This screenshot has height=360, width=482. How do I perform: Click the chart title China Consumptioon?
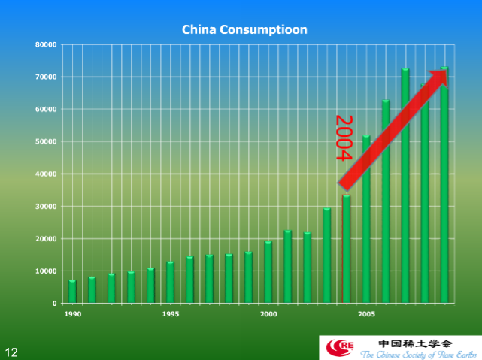[244, 30]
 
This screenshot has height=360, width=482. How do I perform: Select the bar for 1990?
[72, 292]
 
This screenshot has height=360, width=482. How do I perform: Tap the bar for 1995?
[170, 283]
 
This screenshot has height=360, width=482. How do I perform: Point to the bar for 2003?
[327, 256]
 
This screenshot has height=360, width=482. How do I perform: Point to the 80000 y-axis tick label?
[46, 44]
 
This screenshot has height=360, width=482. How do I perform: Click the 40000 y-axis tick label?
[46, 174]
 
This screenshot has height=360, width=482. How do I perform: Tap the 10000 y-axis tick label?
[46, 271]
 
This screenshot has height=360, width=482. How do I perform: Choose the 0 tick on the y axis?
[54, 303]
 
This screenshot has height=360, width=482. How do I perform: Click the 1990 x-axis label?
[72, 313]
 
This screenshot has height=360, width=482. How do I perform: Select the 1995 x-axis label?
[170, 313]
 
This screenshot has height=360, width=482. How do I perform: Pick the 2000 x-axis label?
[268, 313]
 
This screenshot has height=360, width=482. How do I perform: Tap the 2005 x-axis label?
[366, 313]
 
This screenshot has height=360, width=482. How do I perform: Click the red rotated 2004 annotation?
[343, 138]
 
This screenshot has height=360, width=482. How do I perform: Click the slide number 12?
[11, 351]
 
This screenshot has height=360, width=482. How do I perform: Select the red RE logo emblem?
[341, 346]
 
